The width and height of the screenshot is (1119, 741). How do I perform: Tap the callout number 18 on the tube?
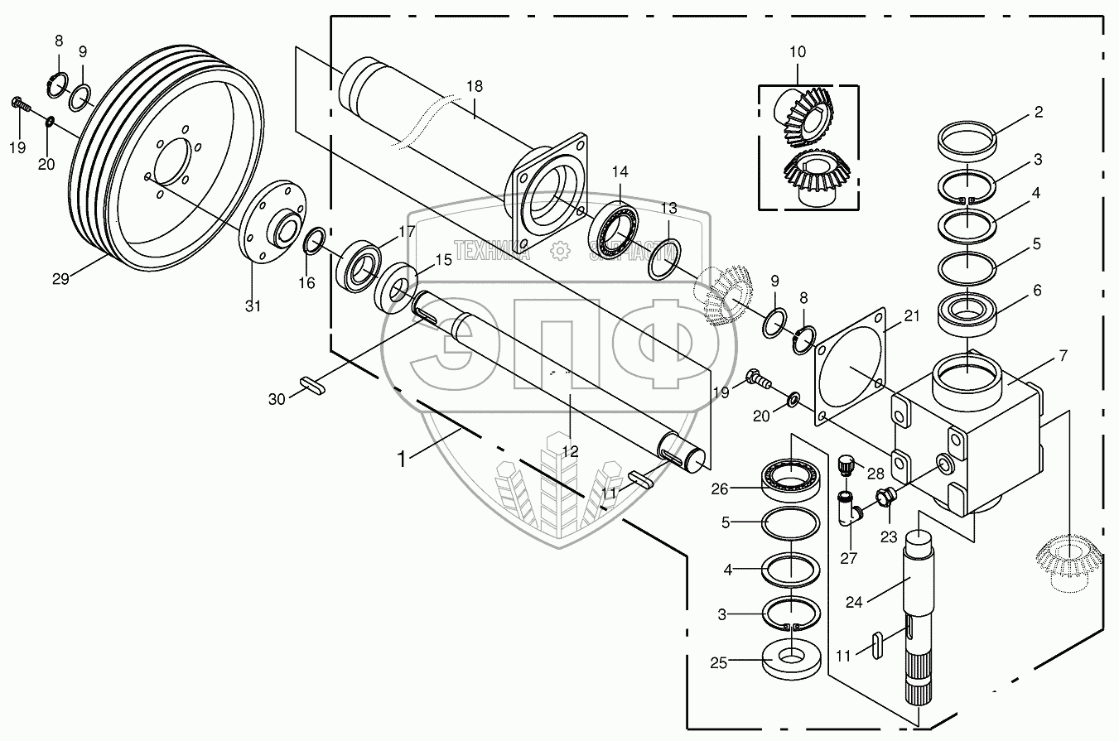(474, 87)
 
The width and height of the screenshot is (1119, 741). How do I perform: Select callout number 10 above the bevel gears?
(797, 52)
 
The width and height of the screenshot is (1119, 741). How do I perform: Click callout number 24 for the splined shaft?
(854, 602)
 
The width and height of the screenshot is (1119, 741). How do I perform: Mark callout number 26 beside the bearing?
(719, 488)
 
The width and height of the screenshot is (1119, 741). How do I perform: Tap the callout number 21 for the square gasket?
(912, 315)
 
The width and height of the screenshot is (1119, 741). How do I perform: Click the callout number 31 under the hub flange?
(253, 306)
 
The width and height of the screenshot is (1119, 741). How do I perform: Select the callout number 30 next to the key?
(276, 399)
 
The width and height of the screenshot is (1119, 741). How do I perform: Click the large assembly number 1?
(403, 458)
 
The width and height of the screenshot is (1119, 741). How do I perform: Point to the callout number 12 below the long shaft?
(570, 451)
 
